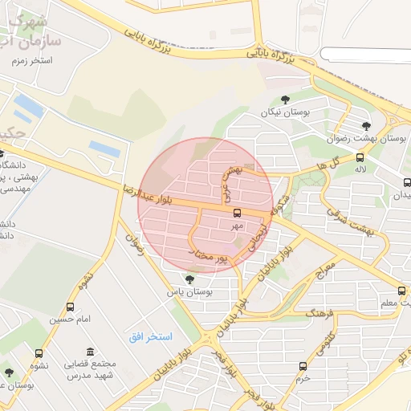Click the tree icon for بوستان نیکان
[x=286, y=100]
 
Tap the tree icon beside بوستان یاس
[x=189, y=279]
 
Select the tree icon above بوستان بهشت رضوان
[x=367, y=126]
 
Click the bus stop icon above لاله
[x=359, y=157]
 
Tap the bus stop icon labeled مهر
[x=238, y=214]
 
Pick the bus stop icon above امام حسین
[x=71, y=307]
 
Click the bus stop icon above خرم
[x=303, y=366]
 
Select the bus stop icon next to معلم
[x=401, y=291]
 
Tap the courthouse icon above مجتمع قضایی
[x=89, y=352]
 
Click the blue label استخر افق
[x=151, y=336]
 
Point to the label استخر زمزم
[x=32, y=61]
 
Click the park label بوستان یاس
[x=189, y=293]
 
